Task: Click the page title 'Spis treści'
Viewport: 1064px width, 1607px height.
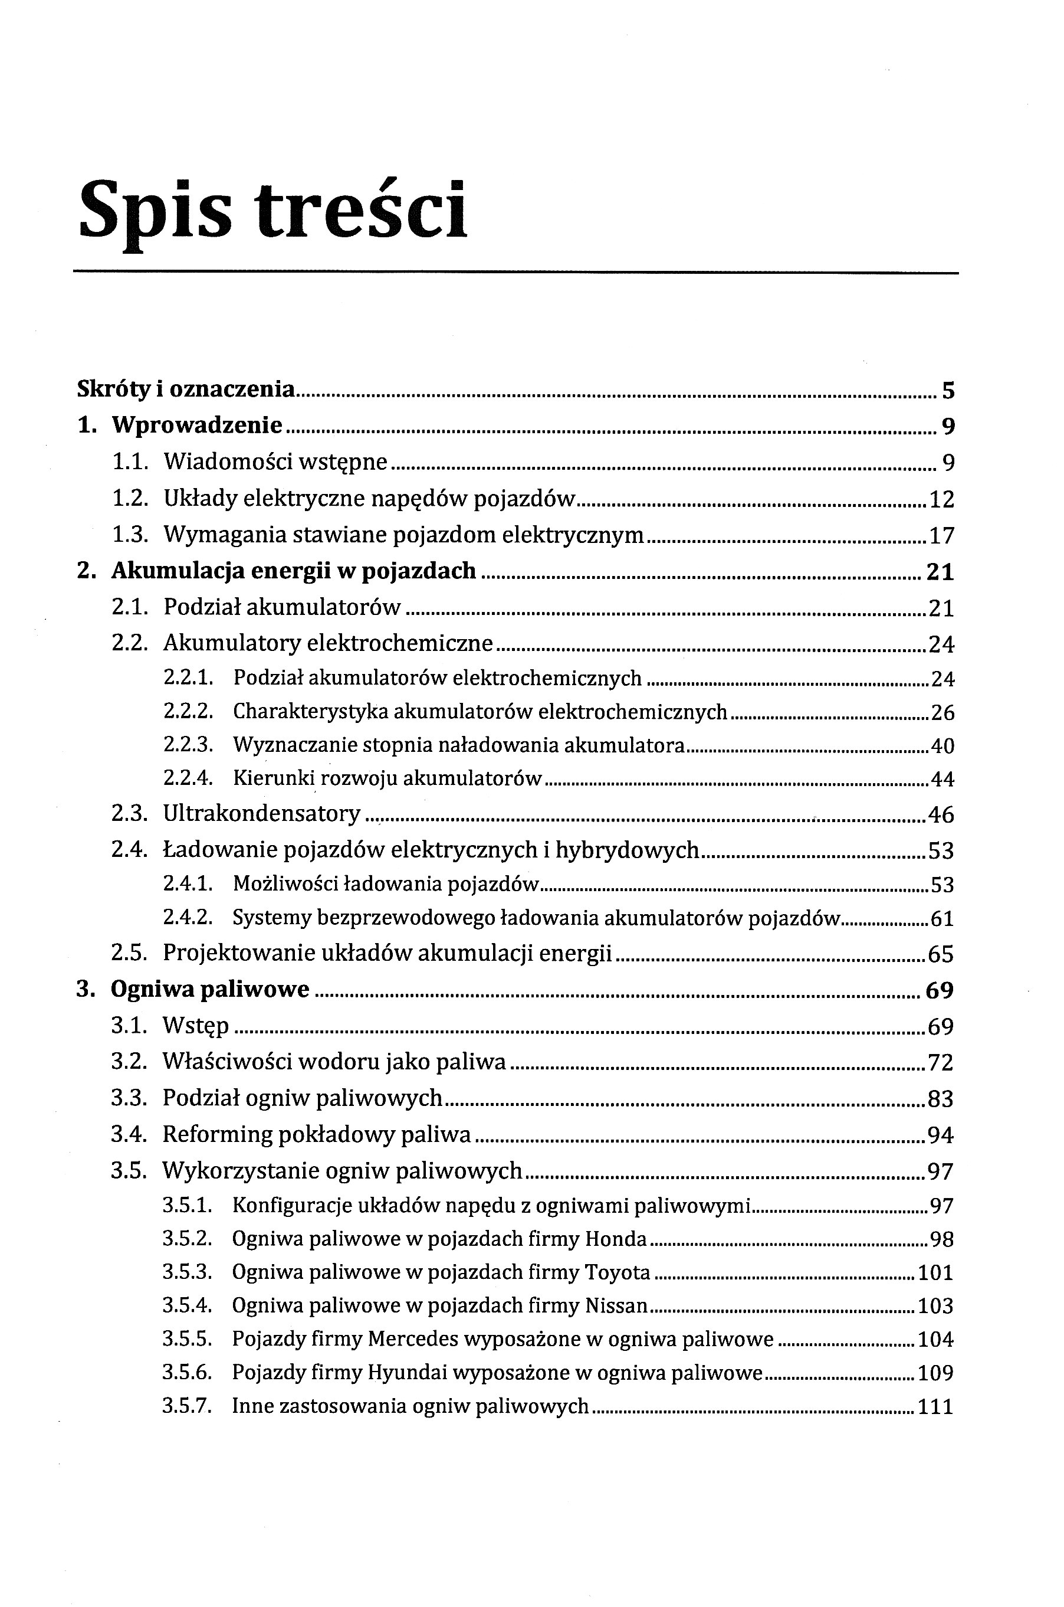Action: point(273,211)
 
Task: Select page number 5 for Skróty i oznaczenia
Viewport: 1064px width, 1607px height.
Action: point(948,391)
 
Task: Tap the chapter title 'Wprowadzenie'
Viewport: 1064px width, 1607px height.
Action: point(197,426)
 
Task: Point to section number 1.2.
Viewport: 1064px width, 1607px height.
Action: point(130,499)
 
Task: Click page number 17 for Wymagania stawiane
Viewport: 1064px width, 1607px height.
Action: point(941,536)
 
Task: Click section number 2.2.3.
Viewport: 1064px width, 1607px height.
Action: point(189,745)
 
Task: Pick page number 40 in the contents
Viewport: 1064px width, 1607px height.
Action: point(942,747)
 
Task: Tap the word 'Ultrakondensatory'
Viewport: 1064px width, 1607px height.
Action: point(262,813)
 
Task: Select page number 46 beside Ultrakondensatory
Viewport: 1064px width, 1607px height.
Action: point(941,814)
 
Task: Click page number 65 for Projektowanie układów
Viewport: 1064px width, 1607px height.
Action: point(941,954)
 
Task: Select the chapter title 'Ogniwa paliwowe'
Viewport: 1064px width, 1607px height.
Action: point(210,990)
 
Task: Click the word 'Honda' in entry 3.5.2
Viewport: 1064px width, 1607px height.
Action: point(616,1240)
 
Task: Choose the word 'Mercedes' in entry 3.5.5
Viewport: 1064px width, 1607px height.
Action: point(413,1340)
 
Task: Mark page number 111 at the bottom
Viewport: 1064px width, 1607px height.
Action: point(935,1407)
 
